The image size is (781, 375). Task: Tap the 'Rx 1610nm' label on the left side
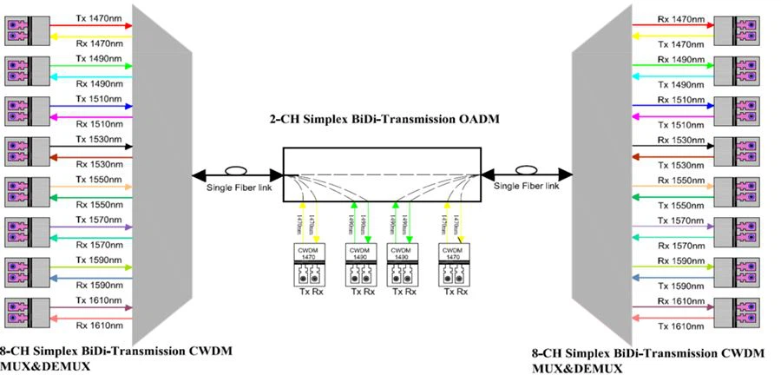(x=100, y=325)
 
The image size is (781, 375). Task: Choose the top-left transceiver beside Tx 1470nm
(x=23, y=32)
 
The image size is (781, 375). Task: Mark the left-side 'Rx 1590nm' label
(x=100, y=285)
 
